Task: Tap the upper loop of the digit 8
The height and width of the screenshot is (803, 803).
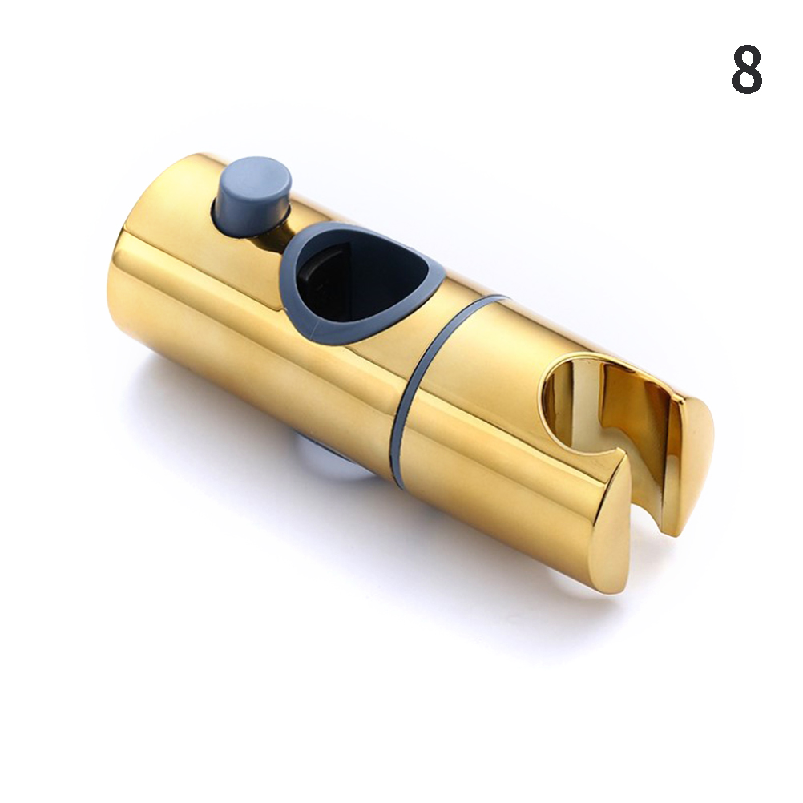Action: (747, 58)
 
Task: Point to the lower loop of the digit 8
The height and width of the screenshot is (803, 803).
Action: (747, 81)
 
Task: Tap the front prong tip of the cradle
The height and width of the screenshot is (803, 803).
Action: (609, 533)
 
